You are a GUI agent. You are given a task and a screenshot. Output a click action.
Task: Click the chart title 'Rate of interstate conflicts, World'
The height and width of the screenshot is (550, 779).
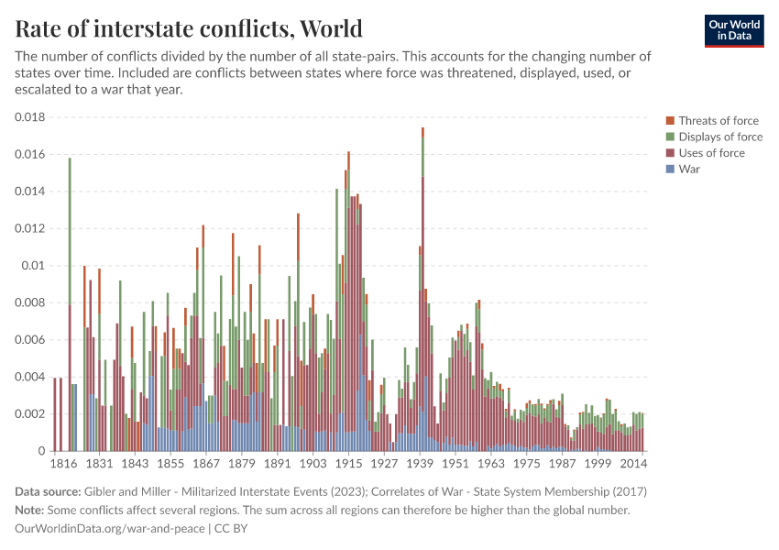[x=189, y=28]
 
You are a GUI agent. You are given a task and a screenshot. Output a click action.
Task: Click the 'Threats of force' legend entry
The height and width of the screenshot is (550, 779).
[x=718, y=121]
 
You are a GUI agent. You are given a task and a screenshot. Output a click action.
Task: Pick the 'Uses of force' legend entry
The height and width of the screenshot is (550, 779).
[x=711, y=153]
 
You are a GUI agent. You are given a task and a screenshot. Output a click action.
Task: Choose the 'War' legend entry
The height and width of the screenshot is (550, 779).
[x=689, y=170]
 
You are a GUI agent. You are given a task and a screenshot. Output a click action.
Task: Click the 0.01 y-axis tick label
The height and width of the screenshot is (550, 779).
[x=33, y=266]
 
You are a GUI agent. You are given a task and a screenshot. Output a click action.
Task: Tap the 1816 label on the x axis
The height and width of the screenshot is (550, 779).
[x=65, y=464]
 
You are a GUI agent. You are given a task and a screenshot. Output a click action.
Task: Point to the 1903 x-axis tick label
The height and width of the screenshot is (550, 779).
[x=313, y=464]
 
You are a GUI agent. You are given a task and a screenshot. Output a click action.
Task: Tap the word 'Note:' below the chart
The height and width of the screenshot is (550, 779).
[x=32, y=510]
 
